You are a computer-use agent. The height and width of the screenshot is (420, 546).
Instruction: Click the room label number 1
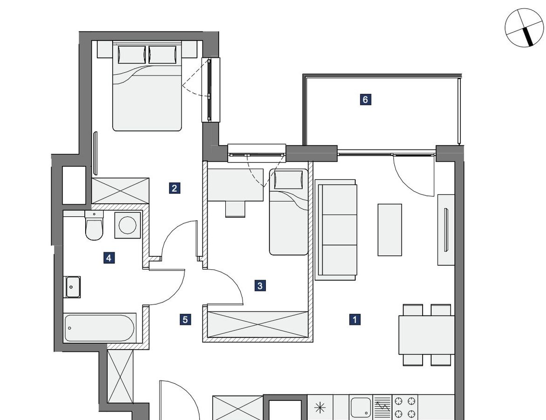coord(355,319)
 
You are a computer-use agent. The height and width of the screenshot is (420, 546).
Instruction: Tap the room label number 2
coord(175,188)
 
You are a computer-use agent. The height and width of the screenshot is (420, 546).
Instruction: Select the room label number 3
coord(260,286)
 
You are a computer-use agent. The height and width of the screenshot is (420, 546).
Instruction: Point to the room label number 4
coord(109,258)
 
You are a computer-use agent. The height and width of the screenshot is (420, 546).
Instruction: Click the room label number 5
coord(185,319)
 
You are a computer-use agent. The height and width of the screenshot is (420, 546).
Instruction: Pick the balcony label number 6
coord(365,100)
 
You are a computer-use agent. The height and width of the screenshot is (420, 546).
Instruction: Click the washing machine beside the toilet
coord(128,225)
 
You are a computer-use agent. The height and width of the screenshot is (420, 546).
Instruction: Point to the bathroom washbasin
coord(72,287)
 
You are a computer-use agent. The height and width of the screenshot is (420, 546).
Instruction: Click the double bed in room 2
coord(147,86)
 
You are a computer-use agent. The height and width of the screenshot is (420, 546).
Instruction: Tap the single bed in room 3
coord(289,212)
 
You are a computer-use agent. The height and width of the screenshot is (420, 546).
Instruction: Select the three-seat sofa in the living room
coord(336,230)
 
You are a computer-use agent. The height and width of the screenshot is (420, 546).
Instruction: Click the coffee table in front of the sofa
coord(390,230)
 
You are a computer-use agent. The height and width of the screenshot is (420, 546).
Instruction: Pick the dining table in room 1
coord(426,335)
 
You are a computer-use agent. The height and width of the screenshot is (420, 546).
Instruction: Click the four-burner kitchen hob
coord(404,407)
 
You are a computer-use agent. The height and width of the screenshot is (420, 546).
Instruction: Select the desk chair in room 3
coord(236,209)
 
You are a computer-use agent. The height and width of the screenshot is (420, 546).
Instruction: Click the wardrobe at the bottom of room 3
coord(258,325)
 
